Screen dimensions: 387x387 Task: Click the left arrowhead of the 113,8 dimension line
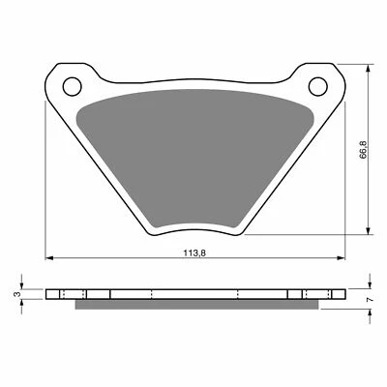pyautogui.click(x=50, y=259)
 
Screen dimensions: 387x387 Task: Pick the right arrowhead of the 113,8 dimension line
pyautogui.click(x=340, y=259)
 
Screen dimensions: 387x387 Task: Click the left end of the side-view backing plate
pyautogui.click(x=47, y=294)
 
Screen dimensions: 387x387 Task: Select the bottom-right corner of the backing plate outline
pyautogui.click(x=255, y=233)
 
